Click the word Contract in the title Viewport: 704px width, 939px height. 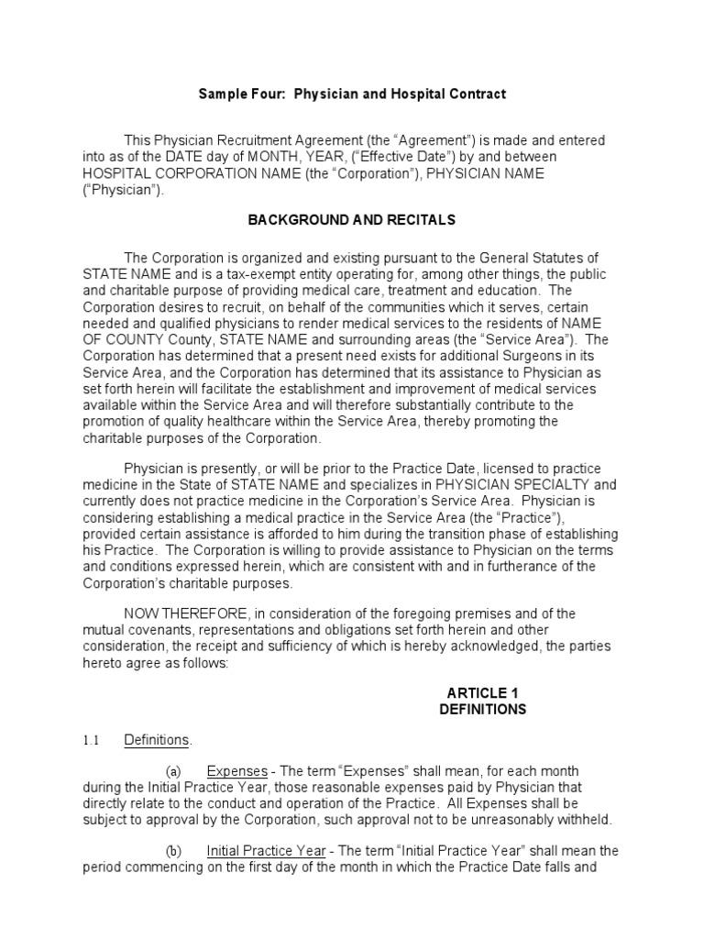(x=478, y=94)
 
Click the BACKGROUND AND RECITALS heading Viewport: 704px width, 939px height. (x=352, y=220)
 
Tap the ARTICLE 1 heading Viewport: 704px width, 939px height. (x=482, y=692)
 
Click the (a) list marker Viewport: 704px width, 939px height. (x=173, y=771)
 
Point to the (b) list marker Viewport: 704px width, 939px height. (x=173, y=850)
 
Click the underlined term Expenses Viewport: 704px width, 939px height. (x=236, y=771)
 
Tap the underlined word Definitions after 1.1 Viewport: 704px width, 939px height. (x=156, y=740)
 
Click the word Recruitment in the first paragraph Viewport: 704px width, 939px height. (x=253, y=140)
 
